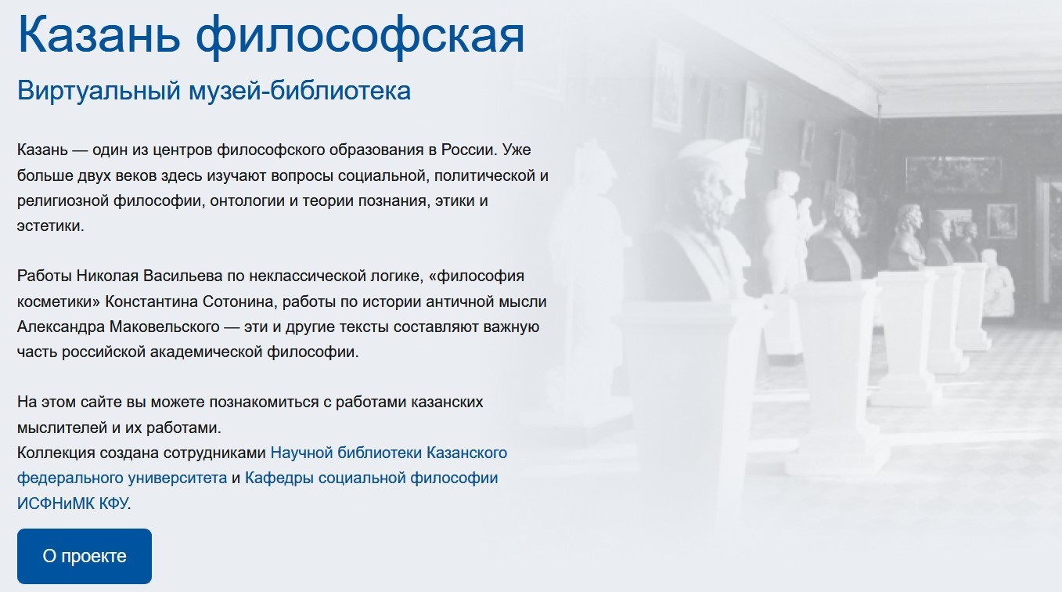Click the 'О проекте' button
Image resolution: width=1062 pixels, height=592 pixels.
pos(85,556)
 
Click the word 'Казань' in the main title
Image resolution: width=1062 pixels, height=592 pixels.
pos(99,35)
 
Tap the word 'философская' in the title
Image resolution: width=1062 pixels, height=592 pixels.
pos(360,37)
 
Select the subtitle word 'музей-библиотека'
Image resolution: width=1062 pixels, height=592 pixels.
pos(300,91)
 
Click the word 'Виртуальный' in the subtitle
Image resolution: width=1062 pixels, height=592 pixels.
pos(99,91)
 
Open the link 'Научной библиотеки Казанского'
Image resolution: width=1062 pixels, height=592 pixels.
pos(389,453)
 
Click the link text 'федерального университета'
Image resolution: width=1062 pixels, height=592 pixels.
pos(122,478)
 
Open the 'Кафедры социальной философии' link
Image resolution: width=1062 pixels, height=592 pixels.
pos(371,478)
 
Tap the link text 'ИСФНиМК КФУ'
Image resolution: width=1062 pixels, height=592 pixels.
pos(72,504)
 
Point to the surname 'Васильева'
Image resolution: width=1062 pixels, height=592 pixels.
pos(182,276)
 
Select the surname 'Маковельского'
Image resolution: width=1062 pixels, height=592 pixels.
pos(164,327)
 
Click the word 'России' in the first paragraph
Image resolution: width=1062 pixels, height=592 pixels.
pos(469,150)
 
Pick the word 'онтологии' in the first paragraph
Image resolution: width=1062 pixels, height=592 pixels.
pos(247,201)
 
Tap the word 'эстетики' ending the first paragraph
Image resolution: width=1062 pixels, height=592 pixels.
pos(50,226)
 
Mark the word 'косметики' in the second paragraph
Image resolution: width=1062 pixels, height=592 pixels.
pos(59,301)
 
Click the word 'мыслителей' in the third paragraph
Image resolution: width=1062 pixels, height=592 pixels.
pos(62,428)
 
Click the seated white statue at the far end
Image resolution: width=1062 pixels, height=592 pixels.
pos(998,283)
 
